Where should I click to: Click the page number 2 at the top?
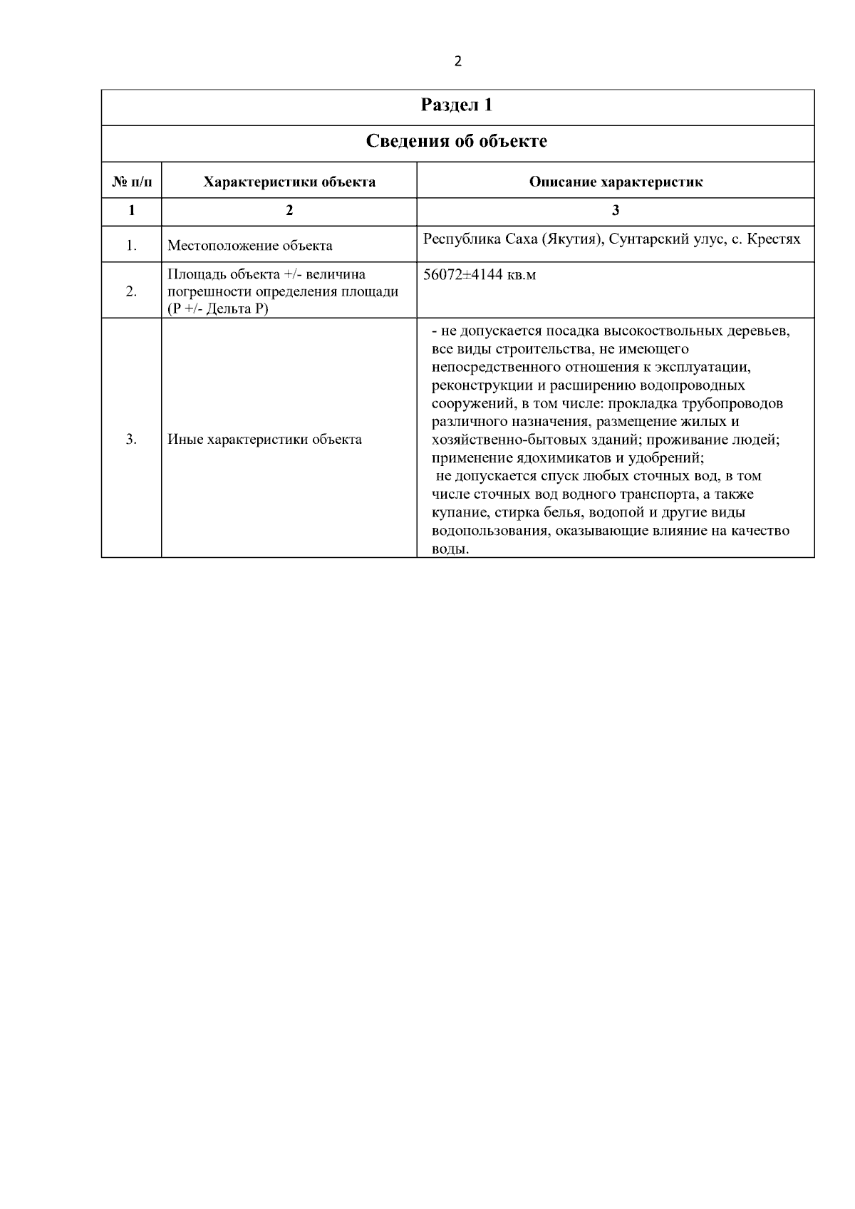(x=457, y=61)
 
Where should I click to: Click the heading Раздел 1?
(x=457, y=105)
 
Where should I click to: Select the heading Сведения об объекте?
(x=457, y=141)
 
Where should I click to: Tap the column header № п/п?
(x=132, y=182)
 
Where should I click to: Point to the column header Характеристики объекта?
(x=289, y=182)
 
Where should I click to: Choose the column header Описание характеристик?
(x=616, y=182)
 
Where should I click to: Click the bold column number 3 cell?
(x=616, y=211)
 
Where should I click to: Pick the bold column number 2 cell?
(x=289, y=211)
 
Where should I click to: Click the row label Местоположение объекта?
(x=250, y=246)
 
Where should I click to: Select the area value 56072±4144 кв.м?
(x=480, y=275)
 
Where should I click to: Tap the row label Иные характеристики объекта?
(x=264, y=439)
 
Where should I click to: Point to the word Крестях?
(x=773, y=239)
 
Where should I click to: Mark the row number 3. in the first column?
(x=132, y=439)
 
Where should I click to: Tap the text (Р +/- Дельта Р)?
(x=218, y=310)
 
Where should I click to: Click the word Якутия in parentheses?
(x=572, y=239)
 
